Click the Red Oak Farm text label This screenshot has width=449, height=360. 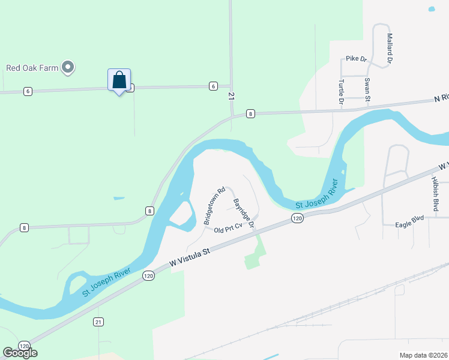tap(32, 68)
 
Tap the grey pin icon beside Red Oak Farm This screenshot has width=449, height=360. tap(68, 67)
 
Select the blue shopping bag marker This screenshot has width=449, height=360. tap(119, 80)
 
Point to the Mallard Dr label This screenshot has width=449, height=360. tap(390, 49)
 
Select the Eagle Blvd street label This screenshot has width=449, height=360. tap(410, 225)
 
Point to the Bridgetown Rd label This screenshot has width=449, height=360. tap(214, 205)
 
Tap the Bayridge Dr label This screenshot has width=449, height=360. tap(244, 213)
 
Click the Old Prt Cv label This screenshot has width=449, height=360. tap(227, 228)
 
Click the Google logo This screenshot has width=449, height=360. tap(20, 353)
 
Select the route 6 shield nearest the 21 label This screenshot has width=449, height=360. tap(213, 86)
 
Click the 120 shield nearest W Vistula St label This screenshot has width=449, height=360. tap(149, 275)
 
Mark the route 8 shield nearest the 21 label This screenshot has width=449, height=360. tap(250, 113)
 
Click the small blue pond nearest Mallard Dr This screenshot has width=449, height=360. tap(431, 9)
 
